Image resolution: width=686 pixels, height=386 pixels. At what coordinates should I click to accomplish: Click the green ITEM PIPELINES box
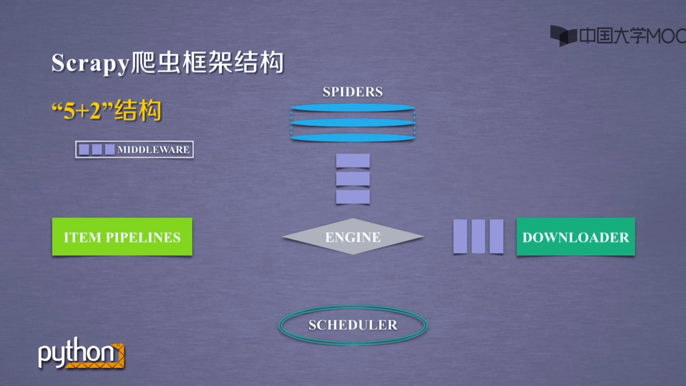[122, 237]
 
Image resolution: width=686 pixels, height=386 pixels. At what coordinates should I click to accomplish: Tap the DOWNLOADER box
[575, 237]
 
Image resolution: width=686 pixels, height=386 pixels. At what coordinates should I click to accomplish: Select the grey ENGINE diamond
[353, 237]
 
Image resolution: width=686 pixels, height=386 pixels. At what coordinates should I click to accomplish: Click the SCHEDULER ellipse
[353, 325]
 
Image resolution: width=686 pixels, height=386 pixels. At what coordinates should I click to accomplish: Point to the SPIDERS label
[353, 92]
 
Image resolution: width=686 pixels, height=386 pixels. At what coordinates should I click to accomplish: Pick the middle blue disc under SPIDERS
[353, 123]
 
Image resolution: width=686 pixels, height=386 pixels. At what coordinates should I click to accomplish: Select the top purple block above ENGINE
[353, 161]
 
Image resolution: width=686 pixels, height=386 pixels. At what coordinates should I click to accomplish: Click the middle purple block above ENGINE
[353, 179]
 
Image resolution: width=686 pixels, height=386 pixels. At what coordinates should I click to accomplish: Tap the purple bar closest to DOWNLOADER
[496, 236]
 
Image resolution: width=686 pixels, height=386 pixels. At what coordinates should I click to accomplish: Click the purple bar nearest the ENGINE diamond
[460, 236]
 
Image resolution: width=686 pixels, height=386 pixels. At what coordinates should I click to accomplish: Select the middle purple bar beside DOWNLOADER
[478, 236]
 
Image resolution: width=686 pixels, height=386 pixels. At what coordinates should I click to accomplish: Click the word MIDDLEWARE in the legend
[153, 150]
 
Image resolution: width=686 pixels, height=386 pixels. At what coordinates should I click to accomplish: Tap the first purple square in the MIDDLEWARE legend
[84, 149]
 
